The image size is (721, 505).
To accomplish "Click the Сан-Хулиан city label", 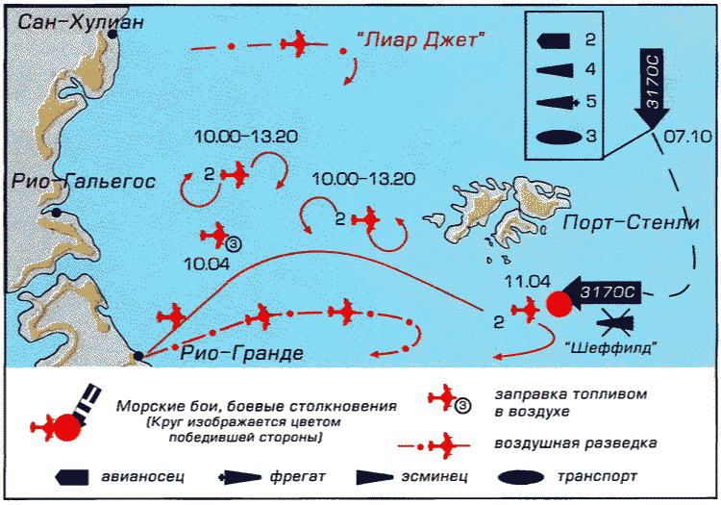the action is click(81, 22).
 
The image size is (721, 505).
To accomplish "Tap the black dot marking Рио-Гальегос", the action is click(56, 213).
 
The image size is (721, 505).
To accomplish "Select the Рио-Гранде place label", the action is click(242, 353).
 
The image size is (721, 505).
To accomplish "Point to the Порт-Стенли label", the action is click(631, 222).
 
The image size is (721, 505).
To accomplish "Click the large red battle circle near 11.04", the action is click(559, 304).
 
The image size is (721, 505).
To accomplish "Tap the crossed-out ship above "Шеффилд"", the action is click(615, 320).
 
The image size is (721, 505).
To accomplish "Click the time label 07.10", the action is click(687, 137).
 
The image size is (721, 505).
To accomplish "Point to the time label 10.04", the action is click(207, 264).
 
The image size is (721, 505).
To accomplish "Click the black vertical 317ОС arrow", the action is click(652, 88).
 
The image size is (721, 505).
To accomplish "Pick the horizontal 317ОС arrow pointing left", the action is click(602, 291).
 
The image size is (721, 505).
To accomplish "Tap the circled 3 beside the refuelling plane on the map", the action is click(234, 244).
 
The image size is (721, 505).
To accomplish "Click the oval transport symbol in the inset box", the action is click(558, 138).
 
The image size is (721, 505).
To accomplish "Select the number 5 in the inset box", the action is click(591, 101).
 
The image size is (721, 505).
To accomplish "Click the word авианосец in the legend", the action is click(142, 476).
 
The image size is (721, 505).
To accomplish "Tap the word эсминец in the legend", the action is click(435, 476).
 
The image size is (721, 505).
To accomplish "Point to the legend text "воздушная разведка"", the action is click(576, 443).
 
